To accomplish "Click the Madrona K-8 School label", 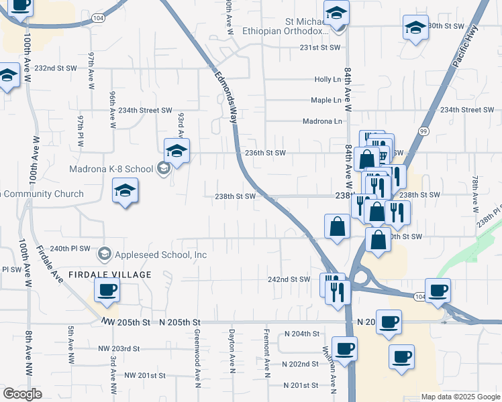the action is pos(111,169).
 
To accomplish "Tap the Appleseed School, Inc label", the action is pos(154,254).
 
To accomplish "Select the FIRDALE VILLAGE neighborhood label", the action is pos(109,275).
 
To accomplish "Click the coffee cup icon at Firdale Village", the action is pos(107,291).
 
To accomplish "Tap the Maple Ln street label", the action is pos(326,100).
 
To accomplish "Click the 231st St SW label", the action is pos(320,48).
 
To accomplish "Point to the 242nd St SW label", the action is pos(289,279).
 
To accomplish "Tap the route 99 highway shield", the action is pos(423,131).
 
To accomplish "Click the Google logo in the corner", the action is pos(22,394).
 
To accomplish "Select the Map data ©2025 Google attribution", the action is pos(460,397).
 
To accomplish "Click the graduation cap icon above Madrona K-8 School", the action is pos(177,151).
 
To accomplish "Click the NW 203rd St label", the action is pos(118,348).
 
